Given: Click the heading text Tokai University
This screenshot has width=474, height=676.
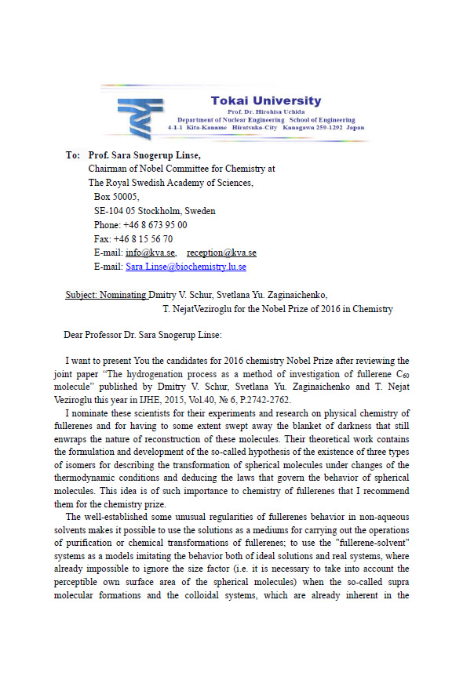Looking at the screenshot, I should click(265, 100).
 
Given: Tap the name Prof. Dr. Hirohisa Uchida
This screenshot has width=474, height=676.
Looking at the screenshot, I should click(265, 111).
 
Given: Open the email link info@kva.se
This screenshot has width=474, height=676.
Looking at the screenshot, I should click(150, 253).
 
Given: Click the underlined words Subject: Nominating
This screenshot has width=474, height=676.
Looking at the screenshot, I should click(106, 295).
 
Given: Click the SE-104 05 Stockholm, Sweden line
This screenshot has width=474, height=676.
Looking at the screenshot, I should click(154, 211).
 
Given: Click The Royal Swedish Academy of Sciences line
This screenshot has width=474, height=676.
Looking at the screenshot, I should click(171, 183).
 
